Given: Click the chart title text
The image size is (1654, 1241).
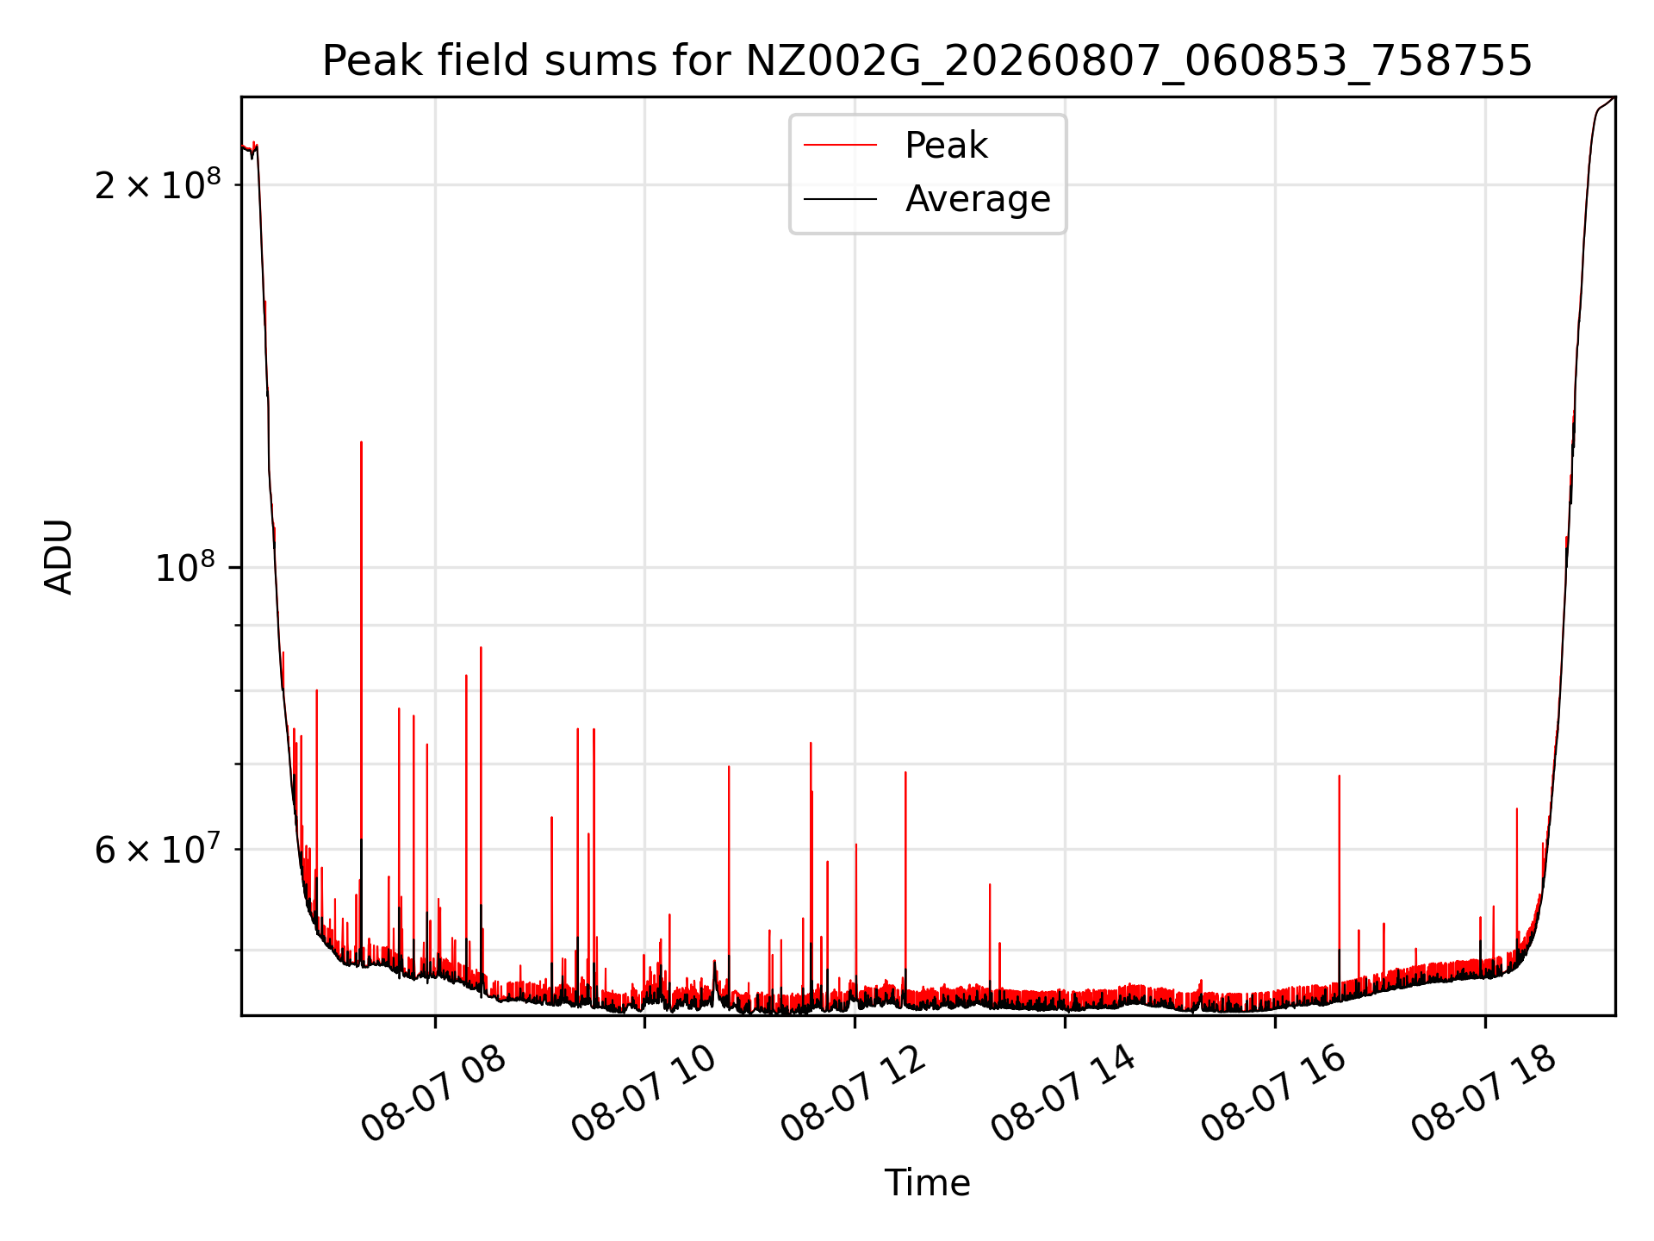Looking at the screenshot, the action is click(x=927, y=61).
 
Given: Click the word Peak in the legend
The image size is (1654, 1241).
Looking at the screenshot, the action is click(x=946, y=146).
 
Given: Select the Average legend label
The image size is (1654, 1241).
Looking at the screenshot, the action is click(x=978, y=199).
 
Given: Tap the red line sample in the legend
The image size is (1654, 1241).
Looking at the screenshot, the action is click(x=840, y=146).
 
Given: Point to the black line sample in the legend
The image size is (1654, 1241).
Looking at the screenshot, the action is click(x=840, y=199).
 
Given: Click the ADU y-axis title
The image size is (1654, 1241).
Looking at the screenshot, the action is click(x=59, y=557).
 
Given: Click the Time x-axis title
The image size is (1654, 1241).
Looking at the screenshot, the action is click(x=927, y=1183).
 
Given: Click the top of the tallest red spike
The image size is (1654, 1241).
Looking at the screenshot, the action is click(x=361, y=442).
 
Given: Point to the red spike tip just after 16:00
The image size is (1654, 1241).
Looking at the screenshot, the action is click(x=1339, y=776).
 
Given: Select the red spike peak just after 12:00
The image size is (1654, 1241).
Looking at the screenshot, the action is click(x=905, y=772).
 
